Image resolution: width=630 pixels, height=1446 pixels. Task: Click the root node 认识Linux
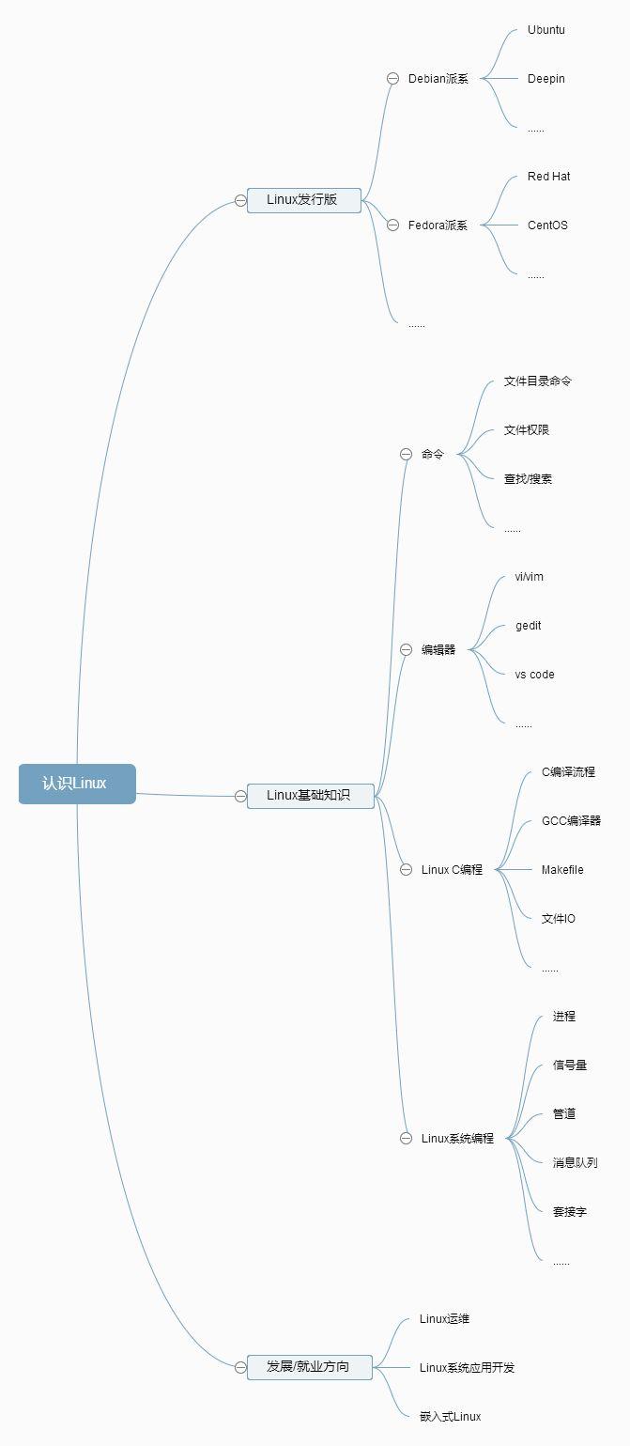(x=77, y=784)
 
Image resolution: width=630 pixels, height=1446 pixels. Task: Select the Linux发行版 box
(x=303, y=199)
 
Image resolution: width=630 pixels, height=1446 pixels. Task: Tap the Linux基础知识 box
(x=310, y=795)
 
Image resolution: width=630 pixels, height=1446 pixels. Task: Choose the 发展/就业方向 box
(x=309, y=1366)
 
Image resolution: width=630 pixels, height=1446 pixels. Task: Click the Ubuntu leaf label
(x=546, y=30)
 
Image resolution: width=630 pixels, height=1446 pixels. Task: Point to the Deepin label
(x=546, y=79)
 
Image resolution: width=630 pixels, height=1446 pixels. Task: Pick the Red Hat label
(x=548, y=177)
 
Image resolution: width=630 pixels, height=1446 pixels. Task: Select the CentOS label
(x=547, y=225)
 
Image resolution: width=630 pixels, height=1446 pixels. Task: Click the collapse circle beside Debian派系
(x=393, y=79)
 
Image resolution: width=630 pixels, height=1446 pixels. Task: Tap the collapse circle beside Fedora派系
(x=393, y=225)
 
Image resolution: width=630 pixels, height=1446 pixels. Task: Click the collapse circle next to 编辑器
(x=407, y=649)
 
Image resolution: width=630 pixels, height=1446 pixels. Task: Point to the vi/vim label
(x=530, y=577)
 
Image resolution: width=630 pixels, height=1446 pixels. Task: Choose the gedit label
(x=529, y=626)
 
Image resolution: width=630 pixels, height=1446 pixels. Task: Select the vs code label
(x=535, y=675)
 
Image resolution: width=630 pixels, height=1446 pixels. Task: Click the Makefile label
(x=562, y=870)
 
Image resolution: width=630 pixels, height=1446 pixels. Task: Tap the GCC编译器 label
(x=571, y=821)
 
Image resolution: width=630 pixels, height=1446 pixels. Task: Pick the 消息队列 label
(x=575, y=1163)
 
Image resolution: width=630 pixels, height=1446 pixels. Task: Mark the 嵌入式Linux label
(x=450, y=1417)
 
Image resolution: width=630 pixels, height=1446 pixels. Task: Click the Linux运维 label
(x=444, y=1319)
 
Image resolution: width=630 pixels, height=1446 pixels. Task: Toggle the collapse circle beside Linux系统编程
(x=407, y=1138)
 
